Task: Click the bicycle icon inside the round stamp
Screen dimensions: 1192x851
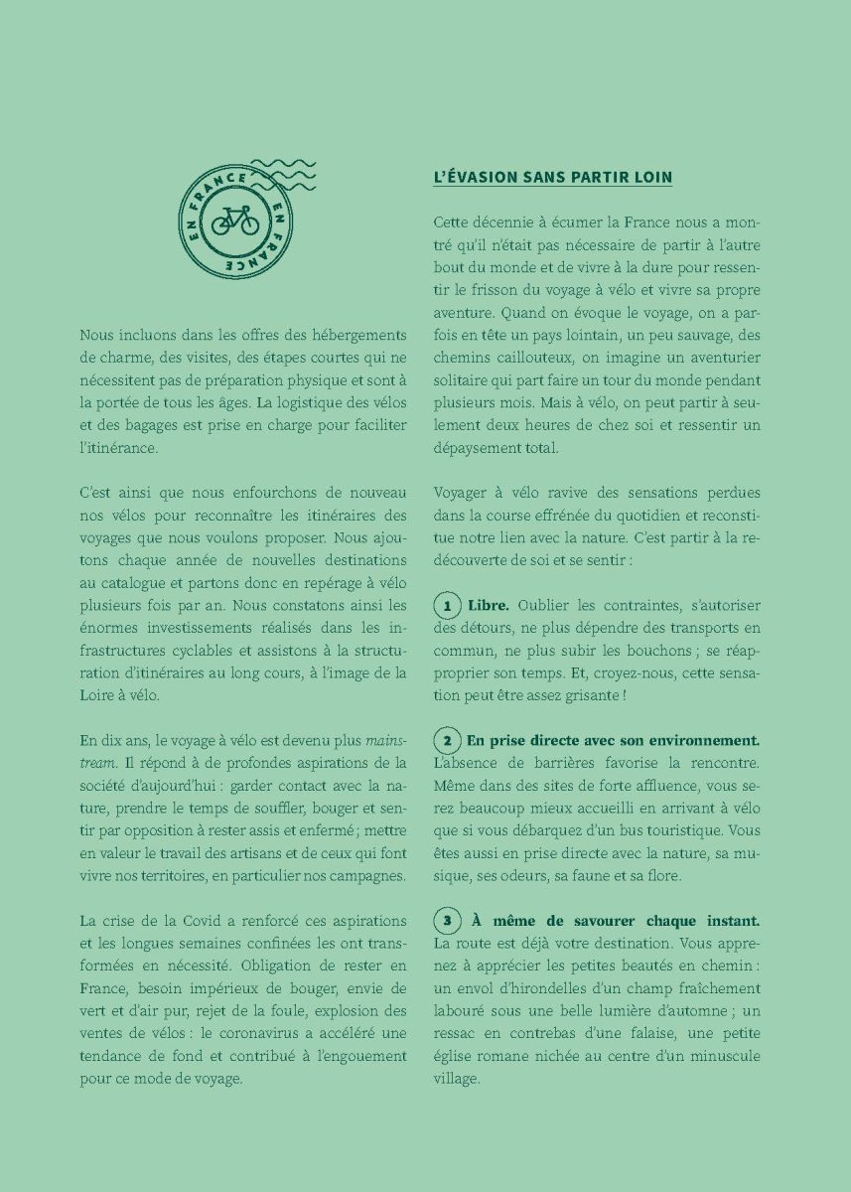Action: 234,220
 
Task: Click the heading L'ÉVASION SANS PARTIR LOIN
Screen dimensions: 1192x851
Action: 553,178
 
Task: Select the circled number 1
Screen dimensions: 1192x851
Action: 448,606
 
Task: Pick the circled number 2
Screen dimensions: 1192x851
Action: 448,741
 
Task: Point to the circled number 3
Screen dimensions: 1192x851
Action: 448,921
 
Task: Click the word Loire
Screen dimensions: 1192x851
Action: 99,695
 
